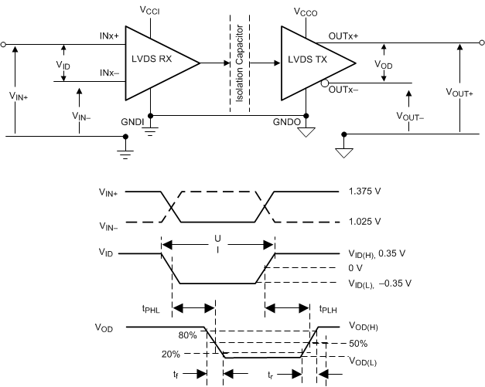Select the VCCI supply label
151,12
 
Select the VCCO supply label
307,12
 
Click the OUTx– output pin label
343,90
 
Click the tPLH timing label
328,307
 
